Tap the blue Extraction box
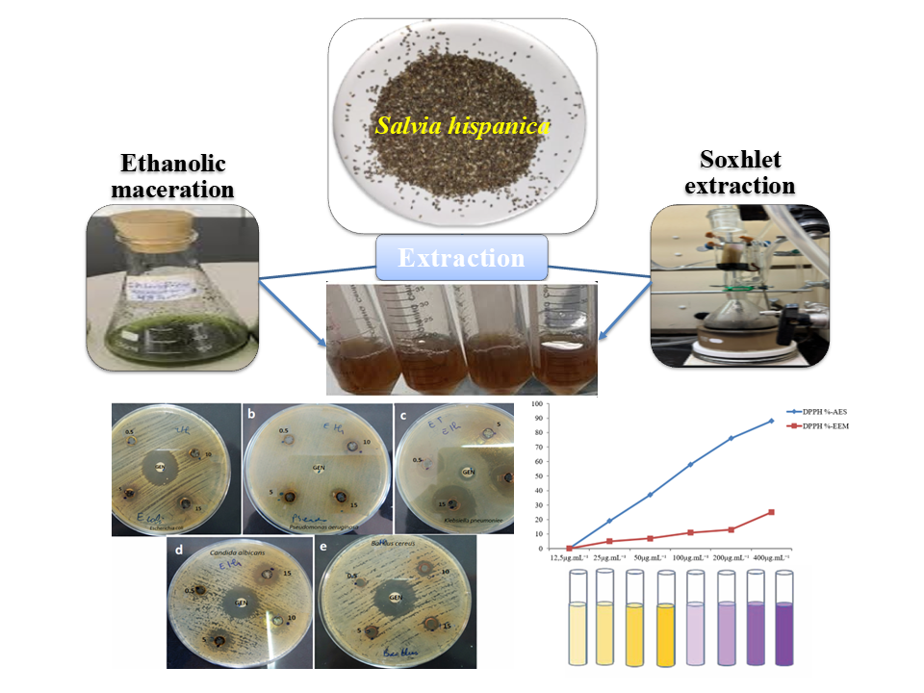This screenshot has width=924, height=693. (x=462, y=258)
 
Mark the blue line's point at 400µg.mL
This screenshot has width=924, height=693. (x=771, y=421)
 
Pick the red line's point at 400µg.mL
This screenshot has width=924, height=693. (x=771, y=512)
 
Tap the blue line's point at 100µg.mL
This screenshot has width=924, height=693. (x=690, y=465)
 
